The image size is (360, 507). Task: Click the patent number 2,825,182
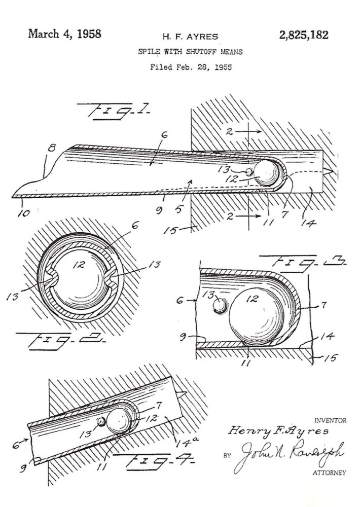(304, 35)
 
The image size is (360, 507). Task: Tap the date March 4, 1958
(65, 34)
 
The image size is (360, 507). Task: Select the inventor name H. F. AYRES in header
(190, 37)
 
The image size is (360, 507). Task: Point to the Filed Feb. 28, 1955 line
(191, 67)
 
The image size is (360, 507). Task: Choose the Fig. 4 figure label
(155, 461)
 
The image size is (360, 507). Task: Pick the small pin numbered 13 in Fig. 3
(220, 305)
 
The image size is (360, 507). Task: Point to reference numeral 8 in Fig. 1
(52, 148)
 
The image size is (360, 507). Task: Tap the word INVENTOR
(330, 420)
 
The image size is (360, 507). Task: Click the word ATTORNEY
(329, 473)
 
